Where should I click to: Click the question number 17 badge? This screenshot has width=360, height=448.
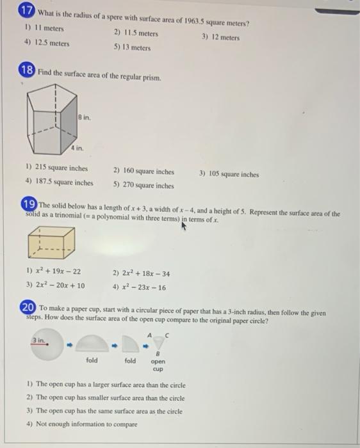(27, 12)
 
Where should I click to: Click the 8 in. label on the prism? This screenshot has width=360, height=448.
(85, 116)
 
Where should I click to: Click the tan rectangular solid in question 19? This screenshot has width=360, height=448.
(51, 246)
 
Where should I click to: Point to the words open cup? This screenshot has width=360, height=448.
(158, 365)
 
